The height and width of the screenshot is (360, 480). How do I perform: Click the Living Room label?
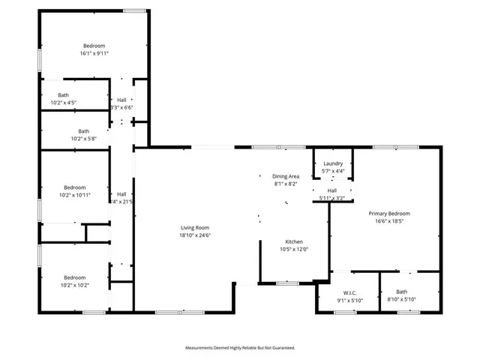pyautogui.click(x=194, y=228)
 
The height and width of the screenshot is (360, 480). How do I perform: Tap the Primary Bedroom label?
pyautogui.click(x=388, y=214)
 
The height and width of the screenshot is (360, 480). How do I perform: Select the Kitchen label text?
pyautogui.click(x=294, y=241)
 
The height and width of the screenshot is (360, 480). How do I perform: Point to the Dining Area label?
pyautogui.click(x=285, y=176)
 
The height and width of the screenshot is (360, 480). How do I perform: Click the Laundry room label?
pyautogui.click(x=333, y=163)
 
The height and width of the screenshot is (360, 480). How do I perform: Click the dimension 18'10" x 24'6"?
pyautogui.click(x=194, y=235)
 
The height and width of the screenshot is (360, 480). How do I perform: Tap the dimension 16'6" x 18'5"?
pyautogui.click(x=388, y=221)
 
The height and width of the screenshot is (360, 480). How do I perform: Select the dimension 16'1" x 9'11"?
pyautogui.click(x=94, y=54)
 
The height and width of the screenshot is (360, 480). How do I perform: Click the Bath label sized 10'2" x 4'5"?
pyautogui.click(x=63, y=94)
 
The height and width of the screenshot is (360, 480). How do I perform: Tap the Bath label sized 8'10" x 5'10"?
pyautogui.click(x=402, y=292)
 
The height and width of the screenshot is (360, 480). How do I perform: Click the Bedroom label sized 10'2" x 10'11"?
pyautogui.click(x=75, y=187)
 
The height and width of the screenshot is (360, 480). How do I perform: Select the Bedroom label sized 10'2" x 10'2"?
pyautogui.click(x=74, y=277)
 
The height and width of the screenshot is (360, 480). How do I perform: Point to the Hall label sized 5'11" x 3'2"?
pyautogui.click(x=331, y=190)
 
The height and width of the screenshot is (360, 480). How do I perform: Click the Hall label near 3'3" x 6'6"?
pyautogui.click(x=121, y=100)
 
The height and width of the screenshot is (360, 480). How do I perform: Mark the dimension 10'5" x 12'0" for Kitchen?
pyautogui.click(x=294, y=249)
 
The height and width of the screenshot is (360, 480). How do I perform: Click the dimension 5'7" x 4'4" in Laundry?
pyautogui.click(x=333, y=171)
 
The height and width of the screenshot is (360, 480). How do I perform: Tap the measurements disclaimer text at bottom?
pyautogui.click(x=240, y=348)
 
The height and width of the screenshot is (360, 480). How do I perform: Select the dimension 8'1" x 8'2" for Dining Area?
pyautogui.click(x=285, y=184)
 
